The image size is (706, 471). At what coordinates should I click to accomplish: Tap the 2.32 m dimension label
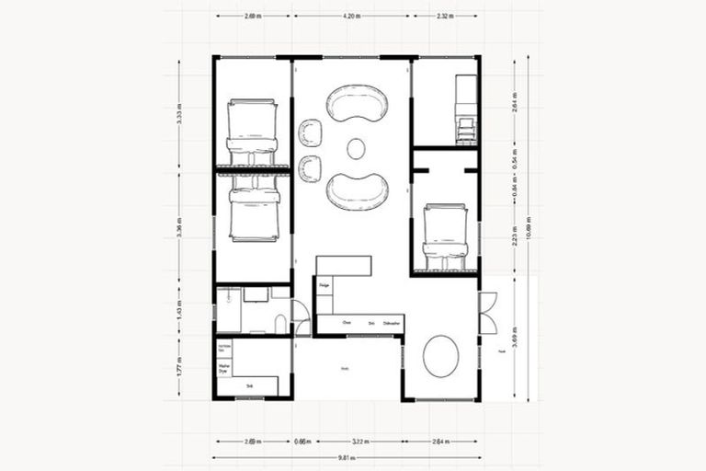(x=445, y=16)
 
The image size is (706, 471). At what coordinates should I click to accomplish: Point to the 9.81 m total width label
(x=346, y=457)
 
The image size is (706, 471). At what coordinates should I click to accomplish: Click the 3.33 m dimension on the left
(x=180, y=115)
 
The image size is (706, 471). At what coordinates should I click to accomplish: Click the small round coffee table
(x=356, y=148)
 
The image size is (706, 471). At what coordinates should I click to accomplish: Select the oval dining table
(x=440, y=354)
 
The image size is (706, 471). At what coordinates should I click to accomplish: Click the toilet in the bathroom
(x=280, y=323)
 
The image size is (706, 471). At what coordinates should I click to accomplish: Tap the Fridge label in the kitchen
(x=325, y=286)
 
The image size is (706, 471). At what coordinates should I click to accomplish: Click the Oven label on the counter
(x=347, y=324)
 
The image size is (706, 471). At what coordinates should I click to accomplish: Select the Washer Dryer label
(x=223, y=367)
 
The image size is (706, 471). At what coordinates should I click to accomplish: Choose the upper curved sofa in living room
(x=357, y=103)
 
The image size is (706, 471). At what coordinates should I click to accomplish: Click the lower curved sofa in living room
(x=357, y=190)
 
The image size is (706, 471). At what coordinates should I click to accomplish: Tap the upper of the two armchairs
(x=311, y=132)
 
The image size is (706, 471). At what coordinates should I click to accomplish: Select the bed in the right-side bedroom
(x=445, y=237)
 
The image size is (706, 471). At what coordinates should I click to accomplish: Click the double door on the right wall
(x=487, y=313)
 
